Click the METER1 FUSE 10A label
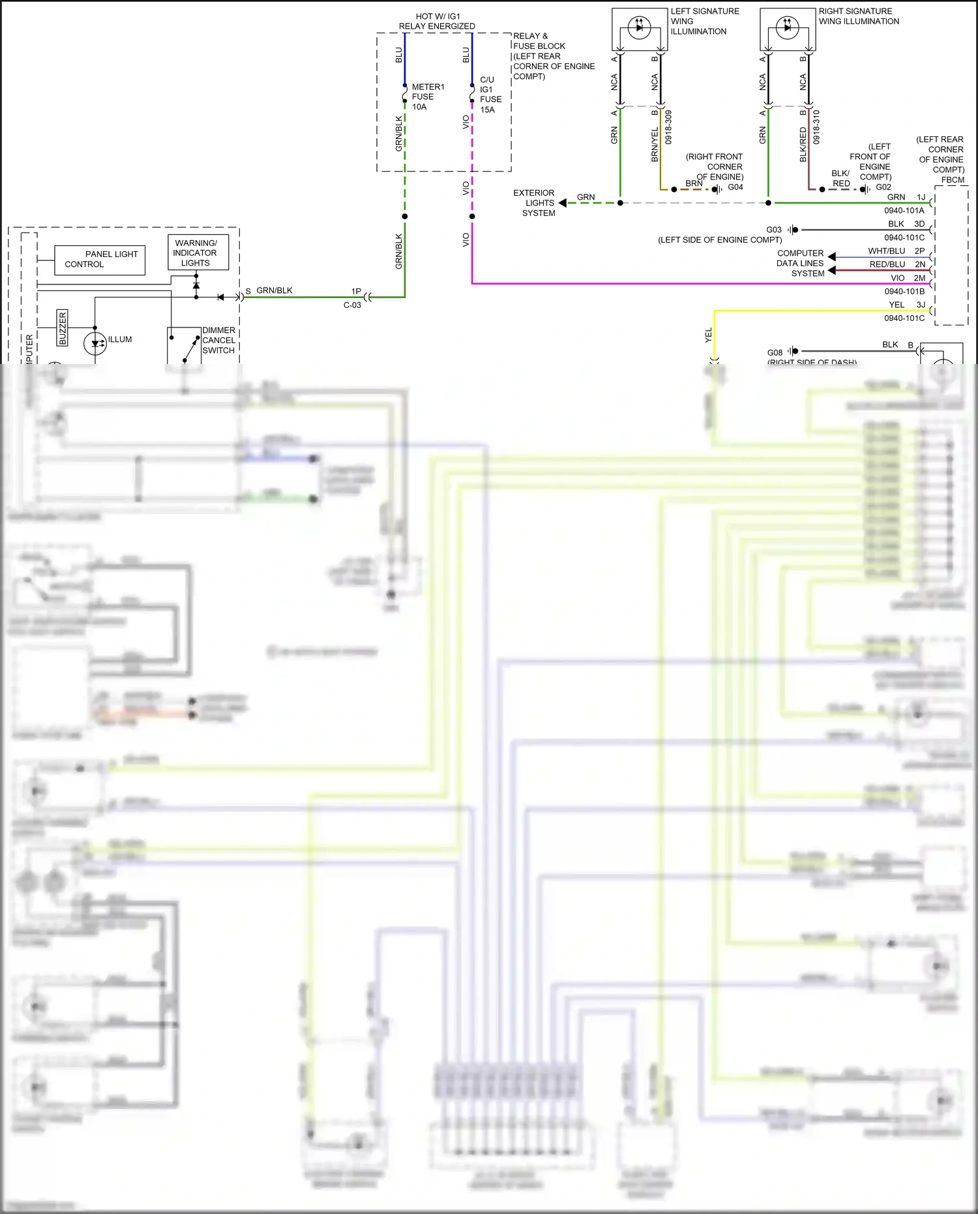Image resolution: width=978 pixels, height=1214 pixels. (x=427, y=97)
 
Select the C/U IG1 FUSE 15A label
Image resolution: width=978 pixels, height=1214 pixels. (x=490, y=95)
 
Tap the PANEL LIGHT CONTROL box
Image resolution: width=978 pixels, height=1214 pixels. (x=100, y=260)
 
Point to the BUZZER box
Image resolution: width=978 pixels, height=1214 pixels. (x=63, y=327)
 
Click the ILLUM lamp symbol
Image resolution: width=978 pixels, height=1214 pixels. (x=95, y=343)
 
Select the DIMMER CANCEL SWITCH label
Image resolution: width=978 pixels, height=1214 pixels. (x=218, y=341)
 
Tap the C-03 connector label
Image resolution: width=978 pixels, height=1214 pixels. (x=352, y=305)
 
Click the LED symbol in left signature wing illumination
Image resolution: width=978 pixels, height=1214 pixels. (x=639, y=27)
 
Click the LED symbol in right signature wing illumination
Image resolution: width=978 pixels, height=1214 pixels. (x=787, y=27)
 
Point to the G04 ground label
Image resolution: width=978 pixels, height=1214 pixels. (x=735, y=187)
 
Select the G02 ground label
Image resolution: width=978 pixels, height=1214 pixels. (x=883, y=187)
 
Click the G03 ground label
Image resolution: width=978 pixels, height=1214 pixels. (x=774, y=230)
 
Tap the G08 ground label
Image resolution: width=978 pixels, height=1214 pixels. (x=775, y=352)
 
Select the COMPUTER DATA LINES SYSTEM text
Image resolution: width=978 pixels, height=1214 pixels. (x=800, y=264)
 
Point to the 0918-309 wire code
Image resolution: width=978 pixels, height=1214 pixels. (x=668, y=127)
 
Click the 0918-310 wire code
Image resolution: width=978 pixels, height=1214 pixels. (x=816, y=127)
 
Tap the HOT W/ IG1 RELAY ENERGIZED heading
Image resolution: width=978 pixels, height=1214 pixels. (x=437, y=22)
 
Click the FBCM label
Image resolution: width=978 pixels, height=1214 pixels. (x=953, y=180)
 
